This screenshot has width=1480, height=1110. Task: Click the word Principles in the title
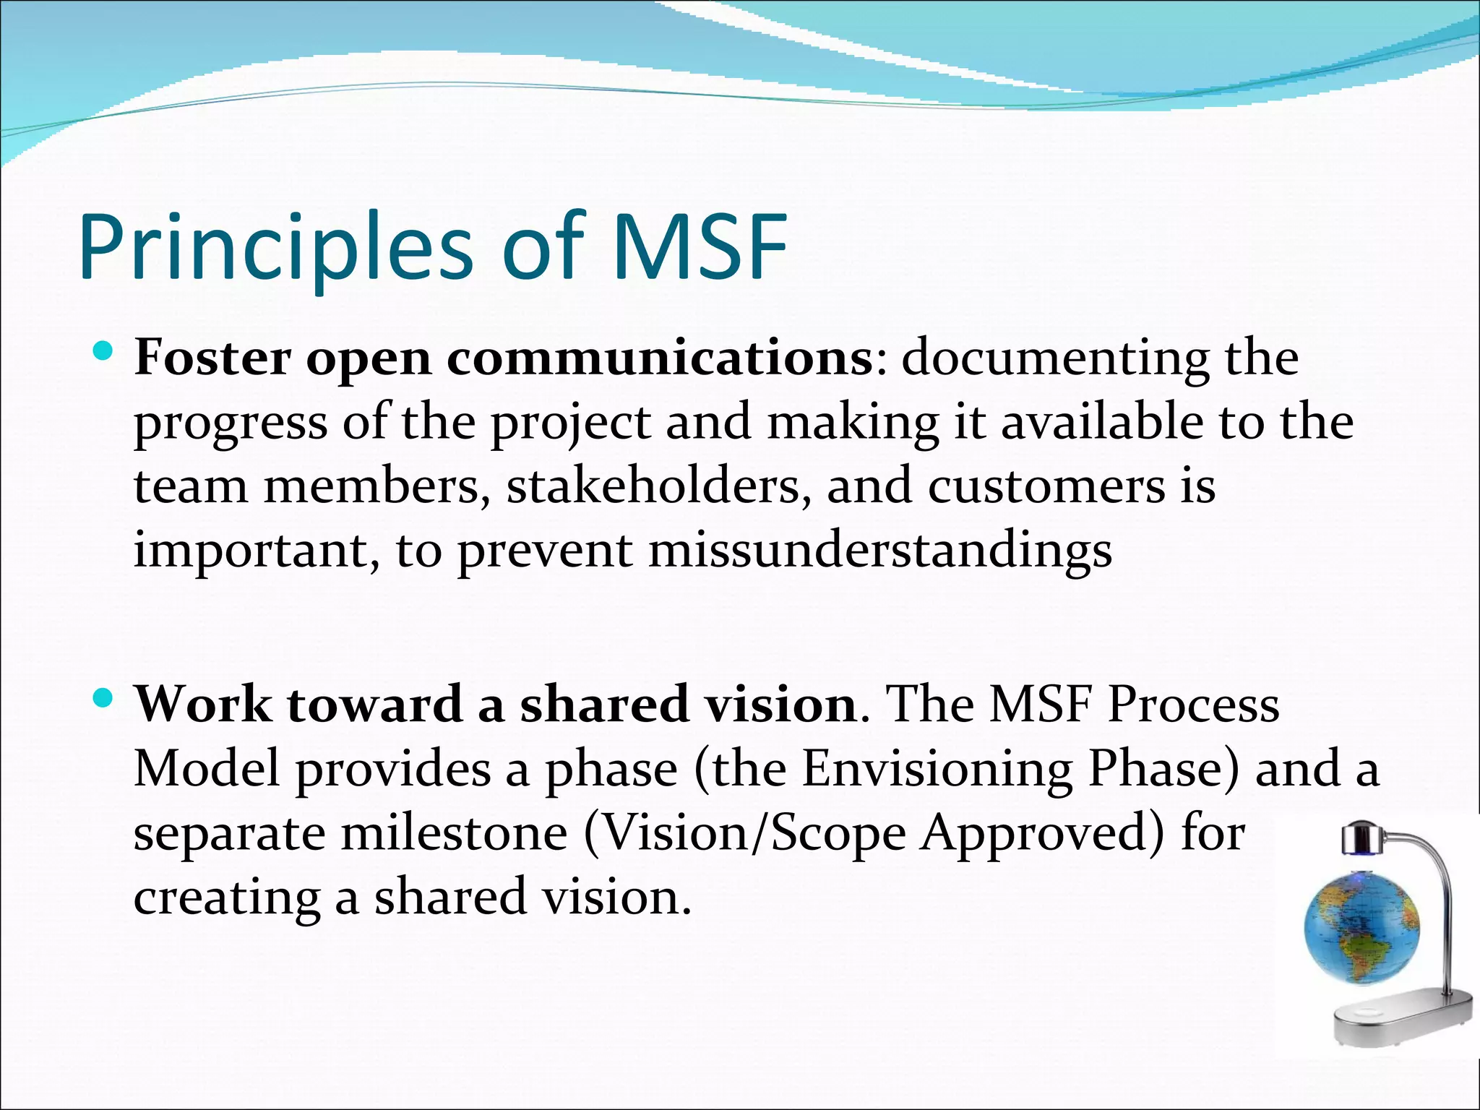pyautogui.click(x=275, y=248)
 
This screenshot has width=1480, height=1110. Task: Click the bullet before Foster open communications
pyautogui.click(x=104, y=353)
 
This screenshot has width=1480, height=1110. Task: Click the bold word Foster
pyautogui.click(x=212, y=358)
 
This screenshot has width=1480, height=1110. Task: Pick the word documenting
pyautogui.click(x=1055, y=358)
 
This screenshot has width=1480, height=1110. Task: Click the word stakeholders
pyautogui.click(x=654, y=486)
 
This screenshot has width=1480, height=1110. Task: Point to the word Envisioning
pyautogui.click(x=937, y=768)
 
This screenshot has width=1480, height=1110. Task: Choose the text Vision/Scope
pyautogui.click(x=744, y=833)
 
